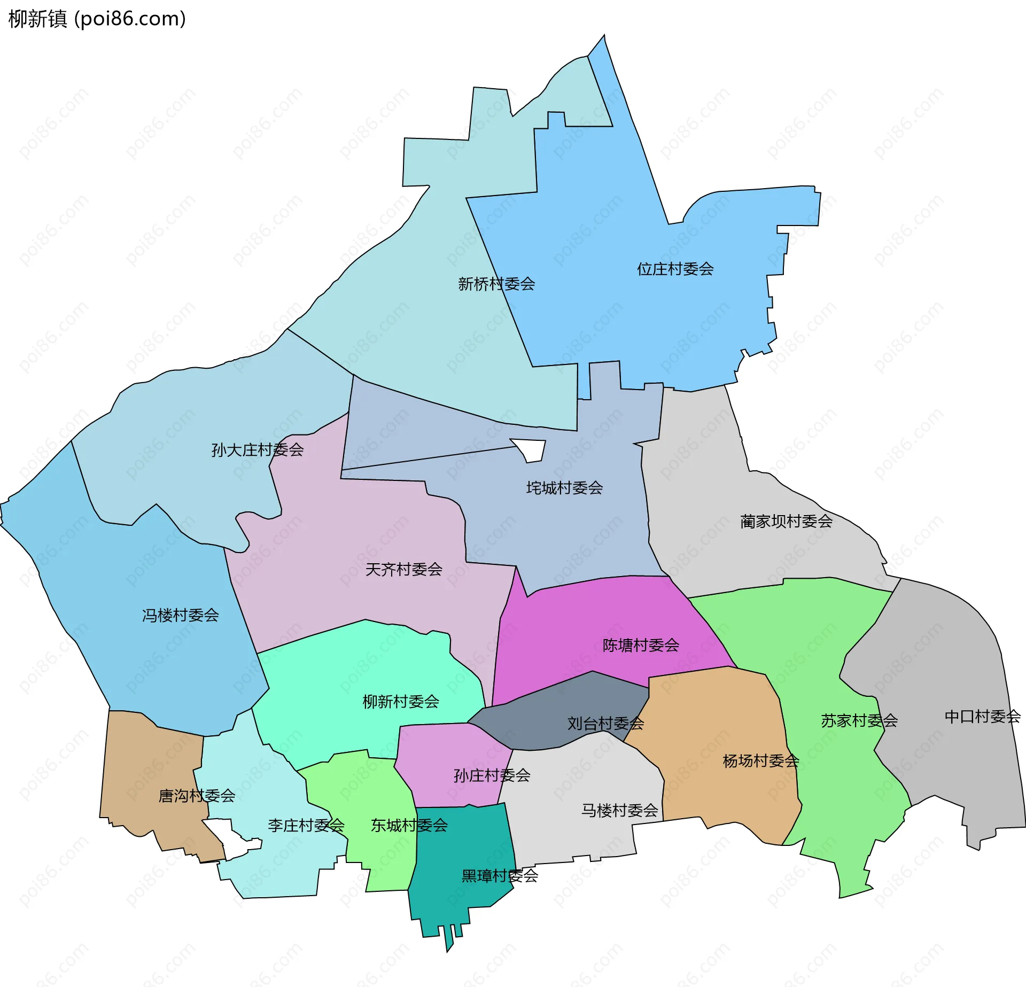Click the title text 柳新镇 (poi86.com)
[97, 19]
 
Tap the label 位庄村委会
[675, 269]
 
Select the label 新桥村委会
[496, 284]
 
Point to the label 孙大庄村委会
[258, 450]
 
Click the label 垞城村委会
[565, 487]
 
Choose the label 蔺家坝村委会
[786, 521]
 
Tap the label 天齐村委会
[403, 569]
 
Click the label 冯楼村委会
[181, 615]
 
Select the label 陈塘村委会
[641, 645]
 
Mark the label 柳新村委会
[401, 701]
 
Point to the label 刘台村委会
[605, 723]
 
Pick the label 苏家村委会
[859, 720]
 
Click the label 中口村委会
[982, 716]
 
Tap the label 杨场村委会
[760, 760]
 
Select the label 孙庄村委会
[492, 775]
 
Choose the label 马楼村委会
[619, 810]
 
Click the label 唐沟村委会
[197, 796]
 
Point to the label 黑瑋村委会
[500, 875]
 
